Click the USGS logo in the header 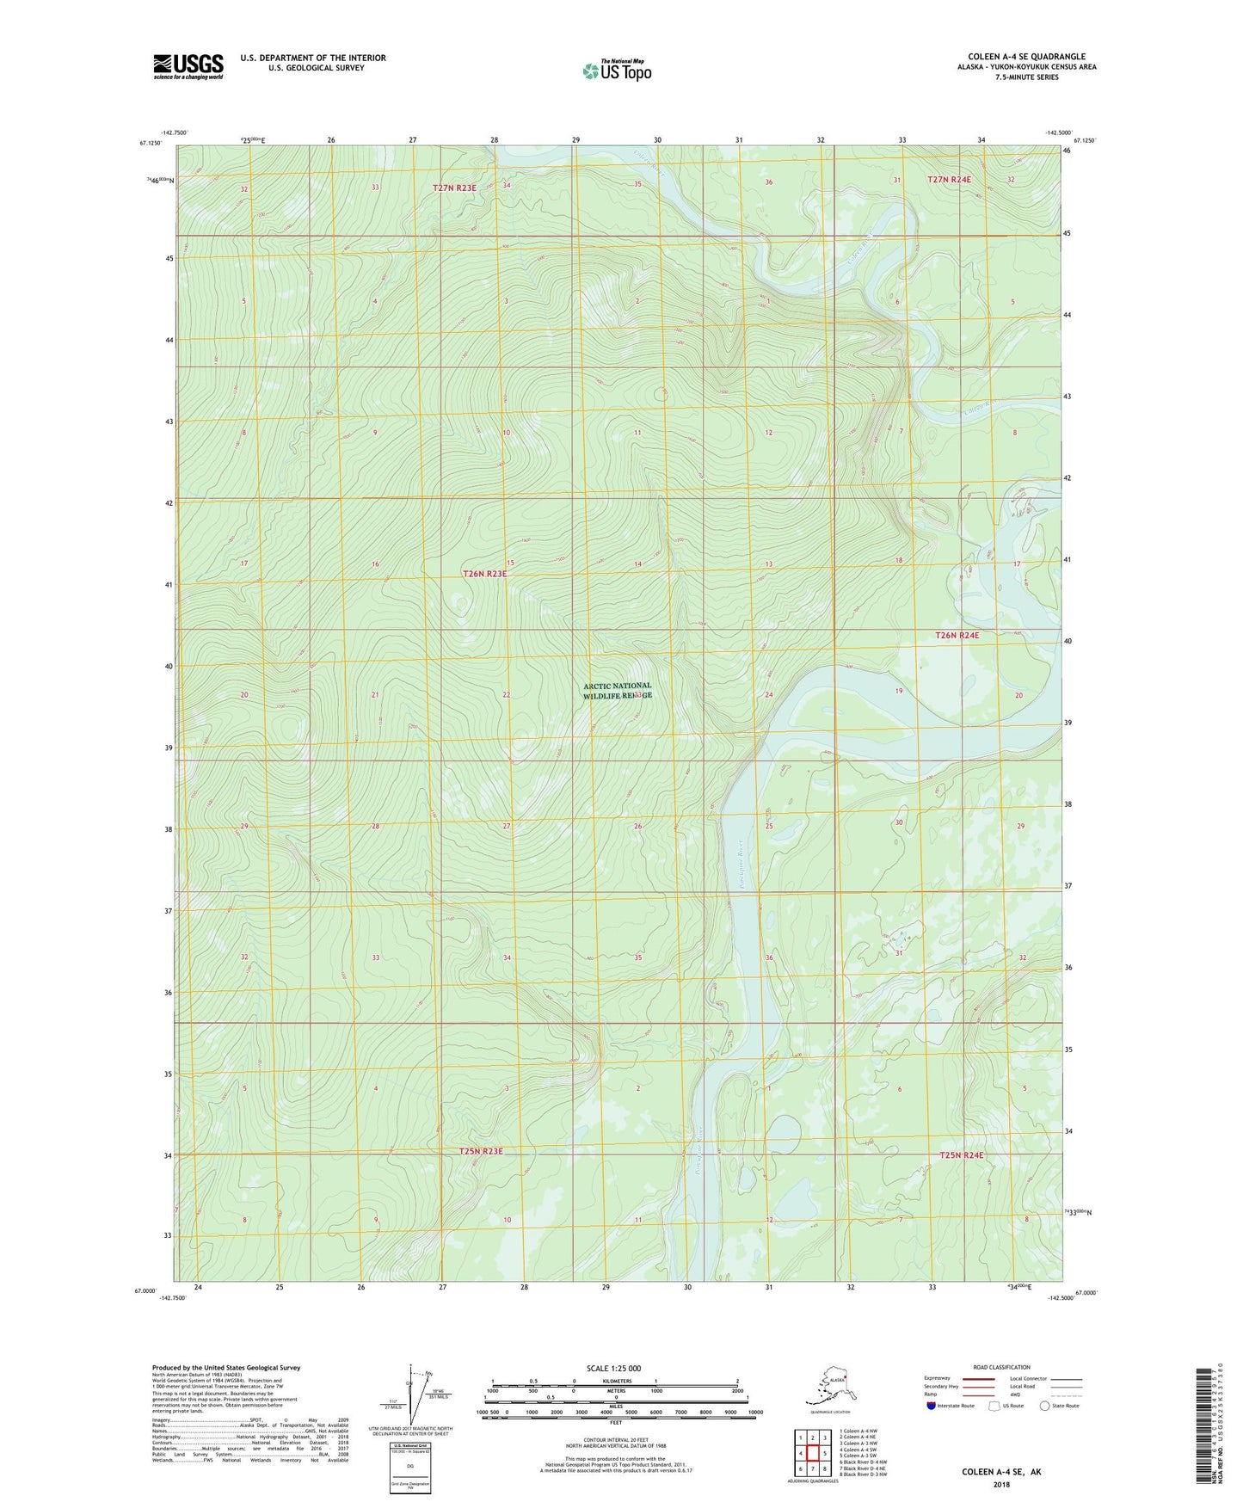coord(188,66)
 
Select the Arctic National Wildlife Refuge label coord(617,691)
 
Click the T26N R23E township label coord(485,573)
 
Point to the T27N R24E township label coord(949,179)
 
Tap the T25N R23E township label coord(480,1151)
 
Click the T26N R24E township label coord(957,635)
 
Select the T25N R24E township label coord(961,1155)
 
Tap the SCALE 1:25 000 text coord(613,1369)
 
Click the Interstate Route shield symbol coord(932,1406)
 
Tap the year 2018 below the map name coord(1001,1484)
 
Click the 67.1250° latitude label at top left coord(150,145)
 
